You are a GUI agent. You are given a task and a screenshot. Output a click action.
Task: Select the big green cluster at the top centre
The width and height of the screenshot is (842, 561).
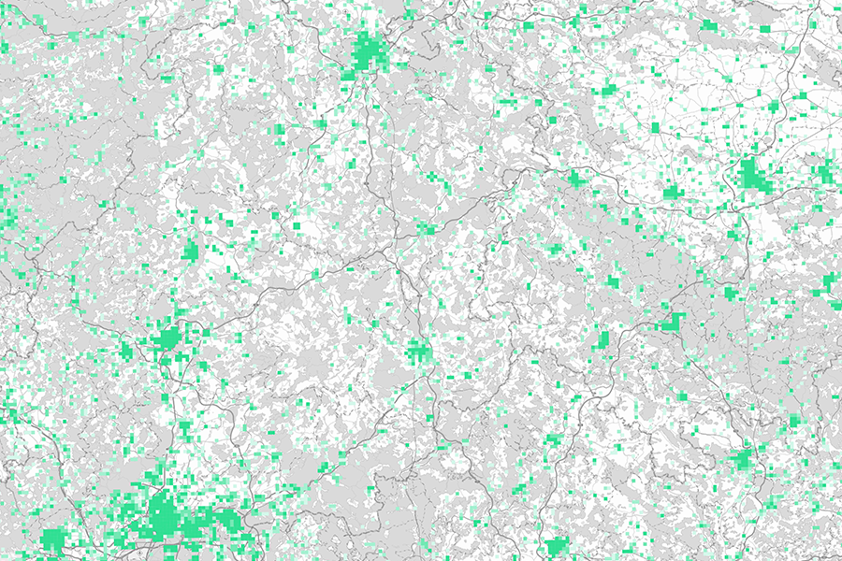[368, 53]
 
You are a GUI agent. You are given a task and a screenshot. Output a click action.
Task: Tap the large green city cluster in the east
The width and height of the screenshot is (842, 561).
[749, 176]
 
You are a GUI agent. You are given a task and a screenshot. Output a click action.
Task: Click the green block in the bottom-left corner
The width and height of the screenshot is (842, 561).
[53, 539]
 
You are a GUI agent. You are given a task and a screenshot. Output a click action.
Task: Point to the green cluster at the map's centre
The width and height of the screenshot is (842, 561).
[418, 352]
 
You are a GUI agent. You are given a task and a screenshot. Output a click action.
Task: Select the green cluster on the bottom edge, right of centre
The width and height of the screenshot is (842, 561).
[558, 546]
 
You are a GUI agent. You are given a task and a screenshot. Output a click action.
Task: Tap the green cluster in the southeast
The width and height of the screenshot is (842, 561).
[743, 457]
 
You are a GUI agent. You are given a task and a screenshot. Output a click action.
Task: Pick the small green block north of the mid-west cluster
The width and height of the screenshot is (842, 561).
[191, 250]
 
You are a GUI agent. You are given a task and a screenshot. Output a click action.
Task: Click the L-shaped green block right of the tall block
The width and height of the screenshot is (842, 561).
[671, 322]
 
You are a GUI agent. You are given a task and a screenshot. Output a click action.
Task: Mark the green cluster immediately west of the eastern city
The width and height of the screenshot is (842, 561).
[672, 193]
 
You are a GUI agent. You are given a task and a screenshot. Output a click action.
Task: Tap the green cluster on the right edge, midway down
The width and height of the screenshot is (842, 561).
[830, 284]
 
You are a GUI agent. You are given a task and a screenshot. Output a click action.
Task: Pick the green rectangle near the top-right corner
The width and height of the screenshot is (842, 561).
[765, 29]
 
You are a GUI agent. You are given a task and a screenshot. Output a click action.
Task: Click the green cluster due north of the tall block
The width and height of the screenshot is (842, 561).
[613, 281]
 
